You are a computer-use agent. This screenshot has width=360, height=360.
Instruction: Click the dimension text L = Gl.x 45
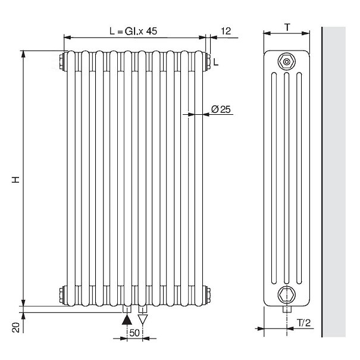[x=133, y=31]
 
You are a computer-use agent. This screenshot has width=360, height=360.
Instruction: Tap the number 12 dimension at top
[x=226, y=31]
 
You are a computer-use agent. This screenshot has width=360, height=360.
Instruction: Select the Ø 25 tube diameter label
[x=221, y=109]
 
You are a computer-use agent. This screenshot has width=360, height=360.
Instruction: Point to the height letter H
[x=15, y=180]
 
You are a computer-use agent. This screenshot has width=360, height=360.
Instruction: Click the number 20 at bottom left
[x=16, y=327]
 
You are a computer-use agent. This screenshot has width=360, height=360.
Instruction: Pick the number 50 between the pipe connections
[x=134, y=333]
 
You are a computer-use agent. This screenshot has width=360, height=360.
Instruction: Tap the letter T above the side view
[x=287, y=27]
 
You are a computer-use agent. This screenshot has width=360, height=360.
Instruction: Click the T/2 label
[x=304, y=323]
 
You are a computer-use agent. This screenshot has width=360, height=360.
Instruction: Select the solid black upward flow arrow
[x=127, y=320]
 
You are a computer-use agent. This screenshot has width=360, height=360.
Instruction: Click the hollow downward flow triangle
[x=143, y=320]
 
